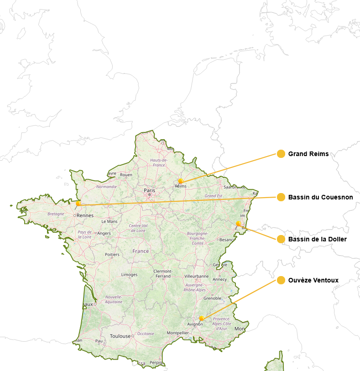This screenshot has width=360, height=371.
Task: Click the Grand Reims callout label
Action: tap(308, 154)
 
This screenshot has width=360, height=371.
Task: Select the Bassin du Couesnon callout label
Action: tap(320, 197)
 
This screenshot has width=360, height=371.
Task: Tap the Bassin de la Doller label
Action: tap(318, 239)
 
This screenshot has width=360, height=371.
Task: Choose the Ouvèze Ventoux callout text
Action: tap(313, 280)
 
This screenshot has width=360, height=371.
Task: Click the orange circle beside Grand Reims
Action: tap(281, 154)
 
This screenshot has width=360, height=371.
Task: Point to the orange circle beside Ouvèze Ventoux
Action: tap(281, 280)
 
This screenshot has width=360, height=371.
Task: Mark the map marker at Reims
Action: tap(181, 181)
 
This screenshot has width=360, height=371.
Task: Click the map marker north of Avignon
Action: tap(201, 318)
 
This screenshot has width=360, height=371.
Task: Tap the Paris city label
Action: tap(149, 190)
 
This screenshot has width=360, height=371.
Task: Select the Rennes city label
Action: tap(85, 215)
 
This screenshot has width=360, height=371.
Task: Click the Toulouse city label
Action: tap(120, 336)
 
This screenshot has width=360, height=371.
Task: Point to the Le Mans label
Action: tap(110, 221)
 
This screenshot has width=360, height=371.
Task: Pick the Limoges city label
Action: tap(129, 275)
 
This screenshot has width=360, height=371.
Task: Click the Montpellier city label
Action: tap(178, 333)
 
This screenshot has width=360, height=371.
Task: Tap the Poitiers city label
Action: tap(112, 255)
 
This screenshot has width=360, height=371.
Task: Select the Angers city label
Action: tap(104, 233)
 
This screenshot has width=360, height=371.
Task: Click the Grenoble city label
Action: tap(212, 298)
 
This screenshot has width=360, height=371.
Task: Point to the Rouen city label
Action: tap(126, 175)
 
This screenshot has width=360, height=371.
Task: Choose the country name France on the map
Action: tap(141, 251)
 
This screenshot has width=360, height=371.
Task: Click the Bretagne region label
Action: tap(56, 214)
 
